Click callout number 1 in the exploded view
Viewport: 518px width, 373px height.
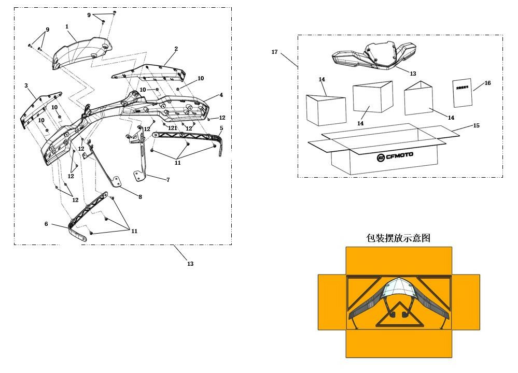67,26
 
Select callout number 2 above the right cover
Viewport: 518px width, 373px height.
176,49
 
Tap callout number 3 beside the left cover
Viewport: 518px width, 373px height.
26,85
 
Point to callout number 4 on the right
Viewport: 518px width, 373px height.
221,95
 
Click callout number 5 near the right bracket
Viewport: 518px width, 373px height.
221,128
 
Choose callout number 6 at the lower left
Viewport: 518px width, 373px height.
46,224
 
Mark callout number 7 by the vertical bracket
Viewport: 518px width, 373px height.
168,180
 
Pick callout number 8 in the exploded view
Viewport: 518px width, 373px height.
140,197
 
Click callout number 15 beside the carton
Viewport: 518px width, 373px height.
477,126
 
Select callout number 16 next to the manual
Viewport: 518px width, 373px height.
487,83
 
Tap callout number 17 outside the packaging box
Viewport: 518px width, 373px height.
274,52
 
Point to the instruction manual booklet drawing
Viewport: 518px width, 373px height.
463,93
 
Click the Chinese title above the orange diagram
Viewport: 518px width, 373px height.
398,238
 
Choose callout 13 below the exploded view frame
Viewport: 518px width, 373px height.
190,264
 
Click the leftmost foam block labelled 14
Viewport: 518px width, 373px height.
326,110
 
